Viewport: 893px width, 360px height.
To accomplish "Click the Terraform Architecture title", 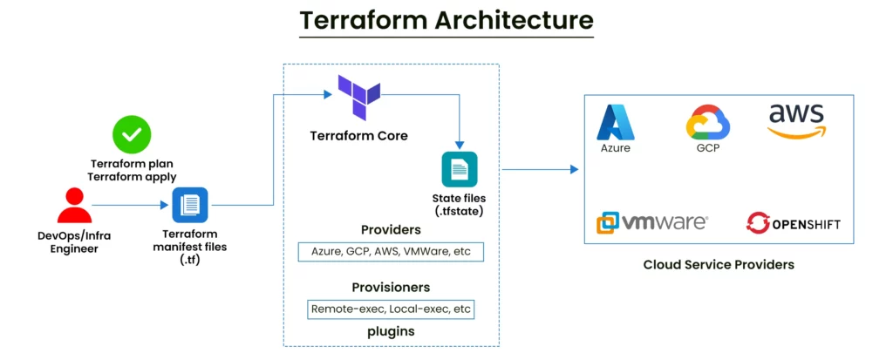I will tap(446, 20).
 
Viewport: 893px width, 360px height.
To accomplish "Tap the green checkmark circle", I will tap(132, 134).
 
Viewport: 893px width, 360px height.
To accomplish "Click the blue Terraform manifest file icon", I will tap(189, 206).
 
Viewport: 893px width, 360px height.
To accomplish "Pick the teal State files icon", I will tap(459, 168).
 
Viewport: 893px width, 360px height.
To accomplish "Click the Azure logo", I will tap(615, 123).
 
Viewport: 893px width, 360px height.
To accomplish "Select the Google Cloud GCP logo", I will tap(707, 123).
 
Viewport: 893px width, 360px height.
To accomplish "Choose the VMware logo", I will tap(651, 222).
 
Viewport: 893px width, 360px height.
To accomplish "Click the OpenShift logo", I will tap(793, 223).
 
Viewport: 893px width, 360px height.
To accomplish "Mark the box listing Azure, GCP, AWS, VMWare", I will tap(391, 251).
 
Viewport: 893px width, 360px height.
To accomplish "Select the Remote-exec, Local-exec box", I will tap(391, 309).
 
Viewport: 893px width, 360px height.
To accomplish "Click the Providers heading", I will tap(391, 230).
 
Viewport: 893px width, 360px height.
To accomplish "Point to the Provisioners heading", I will tap(391, 287).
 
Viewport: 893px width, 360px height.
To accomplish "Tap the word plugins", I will tap(391, 331).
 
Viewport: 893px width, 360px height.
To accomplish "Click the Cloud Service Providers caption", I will tap(719, 264).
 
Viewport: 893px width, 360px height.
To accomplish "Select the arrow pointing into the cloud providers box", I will tap(541, 169).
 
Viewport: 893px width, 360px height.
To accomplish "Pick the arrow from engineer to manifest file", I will tap(131, 206).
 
